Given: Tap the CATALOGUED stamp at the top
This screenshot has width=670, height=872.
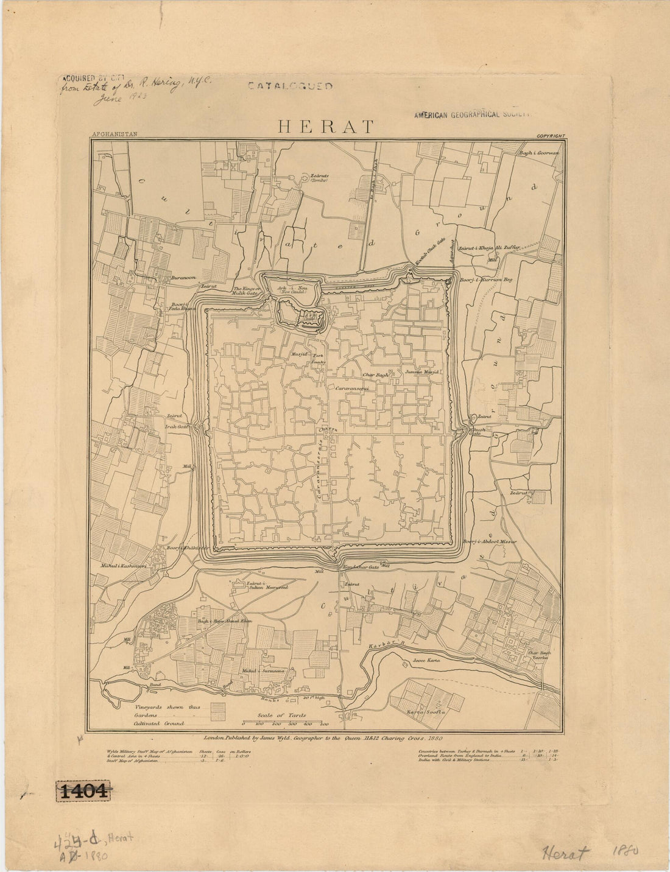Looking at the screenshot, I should pyautogui.click(x=290, y=86).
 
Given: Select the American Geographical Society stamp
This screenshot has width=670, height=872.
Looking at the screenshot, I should pyautogui.click(x=473, y=114).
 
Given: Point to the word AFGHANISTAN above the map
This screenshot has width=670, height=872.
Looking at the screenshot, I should pyautogui.click(x=115, y=136).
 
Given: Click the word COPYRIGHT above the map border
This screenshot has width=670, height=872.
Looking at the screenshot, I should pyautogui.click(x=551, y=136).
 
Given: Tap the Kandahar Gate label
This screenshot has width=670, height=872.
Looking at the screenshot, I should pyautogui.click(x=361, y=567).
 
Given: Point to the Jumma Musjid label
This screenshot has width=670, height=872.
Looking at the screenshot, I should pyautogui.click(x=420, y=371).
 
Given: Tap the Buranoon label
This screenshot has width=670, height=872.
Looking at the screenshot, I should pyautogui.click(x=183, y=277).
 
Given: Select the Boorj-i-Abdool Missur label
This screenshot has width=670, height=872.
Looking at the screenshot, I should pyautogui.click(x=489, y=541).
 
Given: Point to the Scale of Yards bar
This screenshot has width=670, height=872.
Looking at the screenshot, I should pyautogui.click(x=286, y=723).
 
